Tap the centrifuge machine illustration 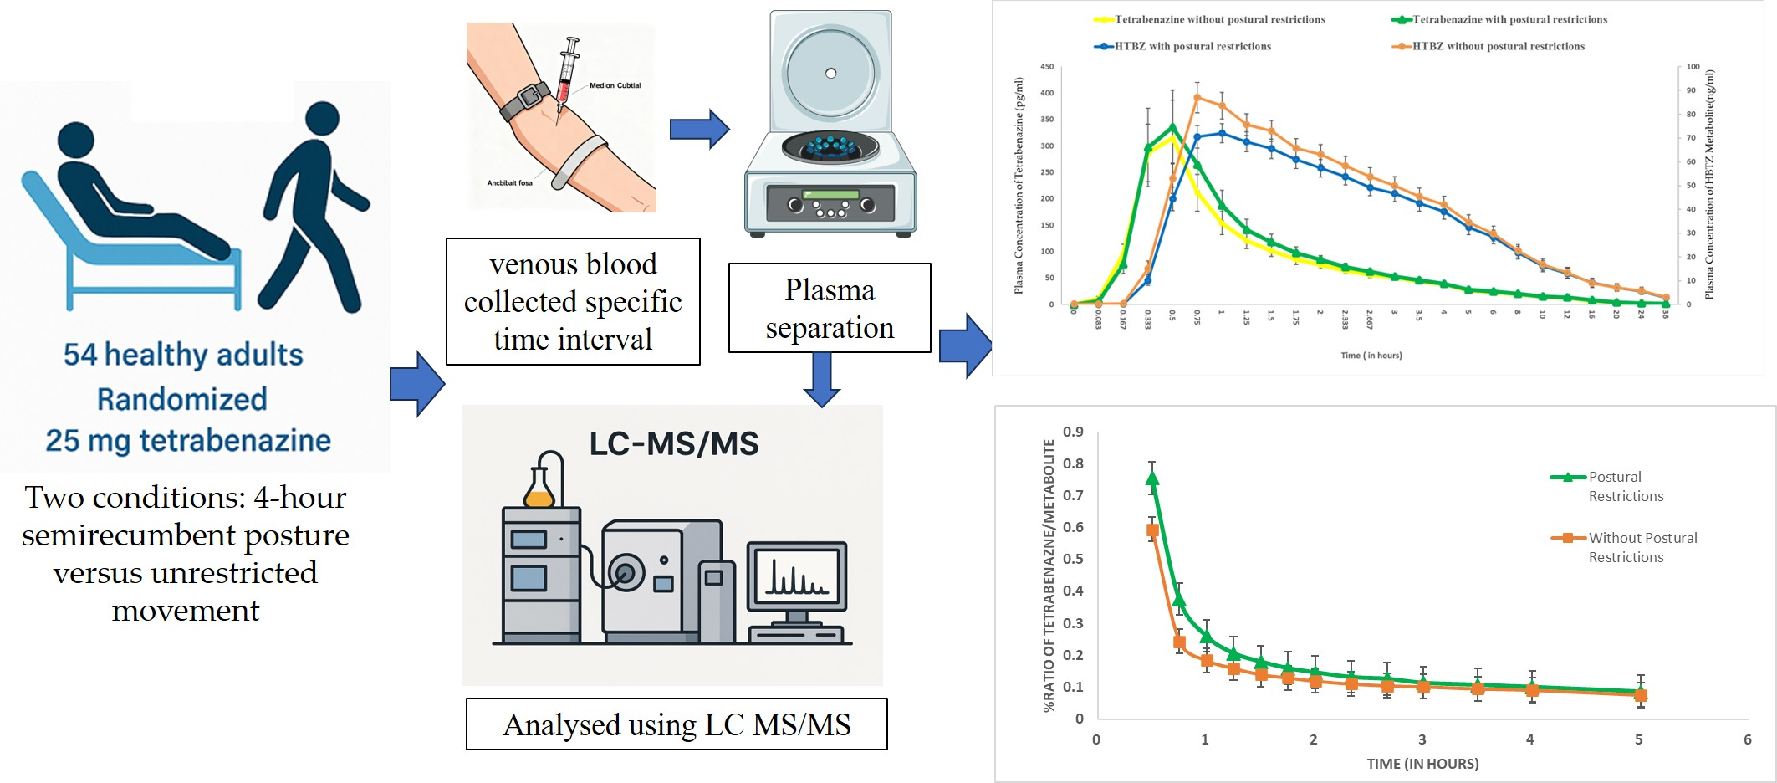pos(830,125)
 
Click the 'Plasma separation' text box pos(830,308)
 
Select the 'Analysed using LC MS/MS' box pos(677,724)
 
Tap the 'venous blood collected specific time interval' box pos(573,301)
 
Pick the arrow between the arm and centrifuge pos(699,129)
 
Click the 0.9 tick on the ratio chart pos(1073,432)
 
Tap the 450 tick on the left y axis pos(1046,67)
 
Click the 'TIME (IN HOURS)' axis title pos(1422,764)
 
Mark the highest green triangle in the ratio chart pos(1152,478)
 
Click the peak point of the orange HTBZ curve pos(1197,97)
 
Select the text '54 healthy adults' pos(183,355)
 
